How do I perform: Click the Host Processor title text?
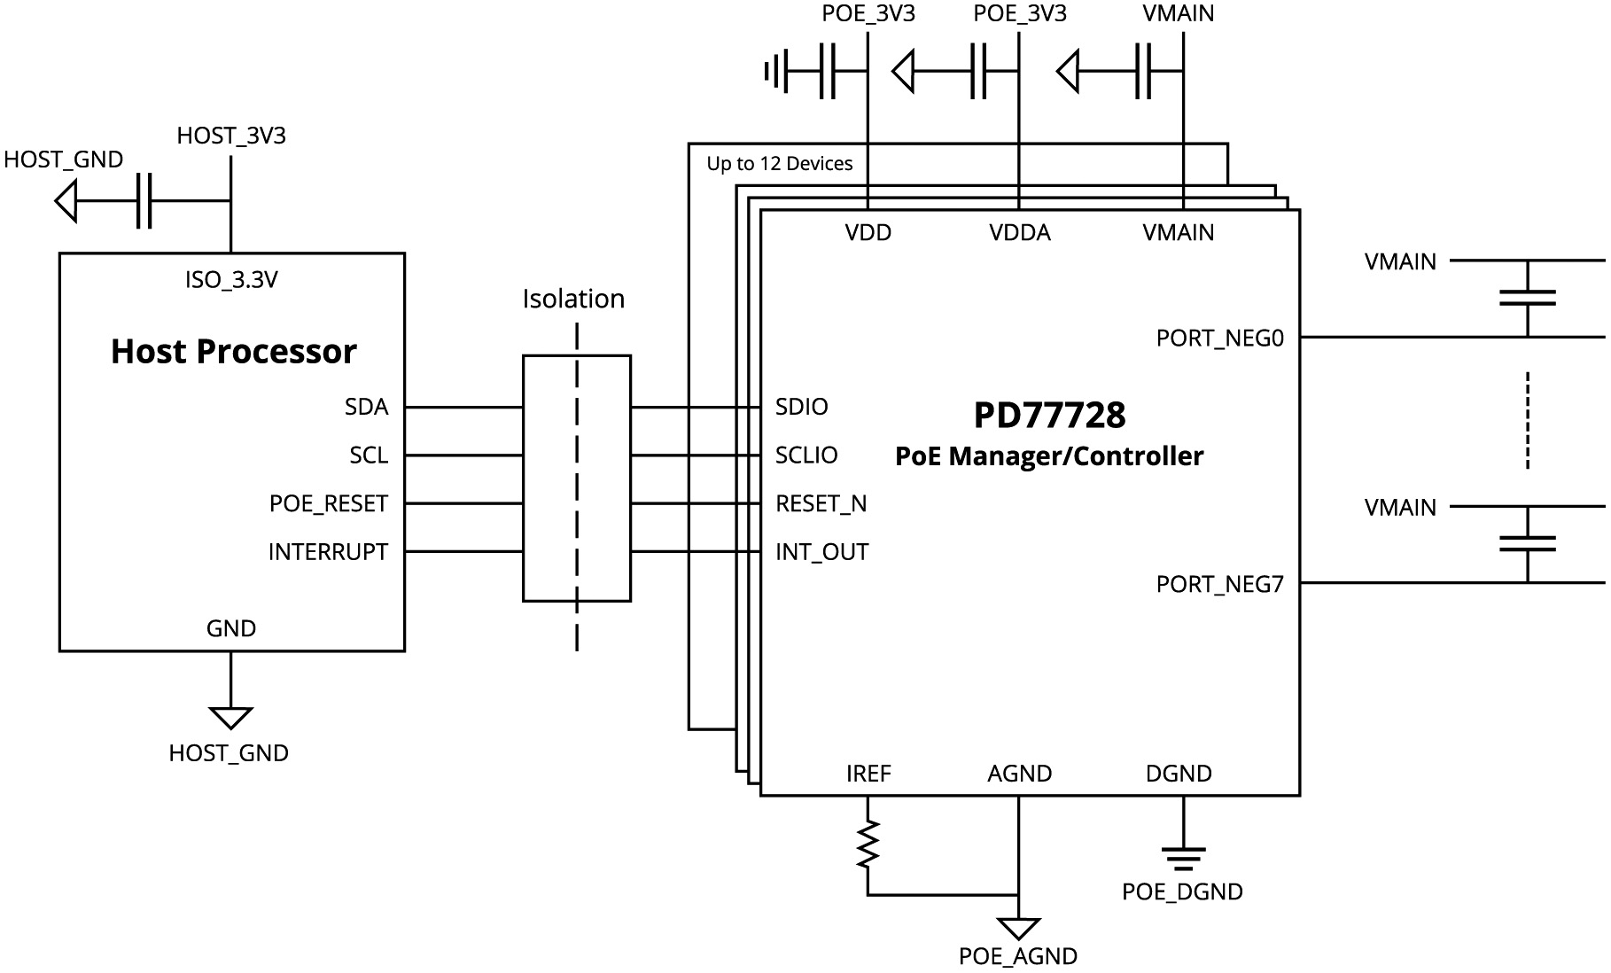(233, 352)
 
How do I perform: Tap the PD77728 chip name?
(1049, 415)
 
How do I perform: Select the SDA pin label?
(366, 407)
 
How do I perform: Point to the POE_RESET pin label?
(329, 503)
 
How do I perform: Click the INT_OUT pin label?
(821, 552)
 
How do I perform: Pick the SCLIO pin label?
(806, 455)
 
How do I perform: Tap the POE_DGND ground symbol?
(1183, 857)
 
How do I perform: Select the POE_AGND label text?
(1017, 956)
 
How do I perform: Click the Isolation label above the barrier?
(573, 299)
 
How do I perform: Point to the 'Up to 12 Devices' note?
(779, 164)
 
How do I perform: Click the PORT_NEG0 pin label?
(1219, 339)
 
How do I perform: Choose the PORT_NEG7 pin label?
(1219, 585)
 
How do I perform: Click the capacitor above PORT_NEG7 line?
(1527, 543)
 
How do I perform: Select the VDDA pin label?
(1020, 233)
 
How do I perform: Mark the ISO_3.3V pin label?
(231, 280)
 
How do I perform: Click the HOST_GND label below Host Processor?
(229, 753)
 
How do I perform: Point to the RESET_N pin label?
(821, 503)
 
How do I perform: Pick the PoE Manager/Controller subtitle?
(1049, 456)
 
